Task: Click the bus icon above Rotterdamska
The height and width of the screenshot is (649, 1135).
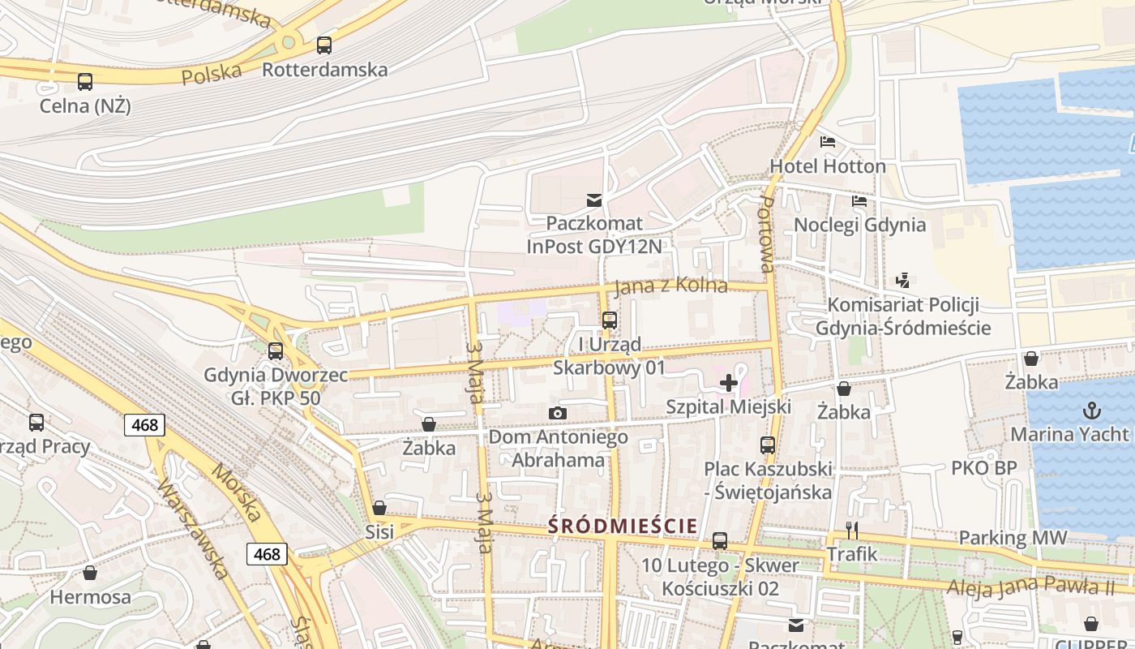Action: pos(324,45)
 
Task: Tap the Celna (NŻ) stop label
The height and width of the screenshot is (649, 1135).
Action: pos(85,105)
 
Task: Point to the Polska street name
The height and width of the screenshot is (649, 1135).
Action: pos(212,74)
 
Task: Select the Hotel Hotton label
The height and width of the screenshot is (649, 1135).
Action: pos(828,165)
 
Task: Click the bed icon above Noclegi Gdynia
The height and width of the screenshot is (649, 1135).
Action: pos(859,201)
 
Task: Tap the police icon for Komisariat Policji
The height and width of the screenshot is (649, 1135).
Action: pos(902,281)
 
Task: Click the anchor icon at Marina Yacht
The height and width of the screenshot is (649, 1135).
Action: pos(1091,410)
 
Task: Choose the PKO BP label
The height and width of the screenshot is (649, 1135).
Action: pos(983,468)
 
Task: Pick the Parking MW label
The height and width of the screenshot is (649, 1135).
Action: pos(1013,538)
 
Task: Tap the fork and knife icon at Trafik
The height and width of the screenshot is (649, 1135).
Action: pos(852,531)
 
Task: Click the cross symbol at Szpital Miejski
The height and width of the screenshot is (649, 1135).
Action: pos(728,383)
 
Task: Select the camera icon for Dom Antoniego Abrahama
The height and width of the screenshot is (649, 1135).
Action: pos(557,414)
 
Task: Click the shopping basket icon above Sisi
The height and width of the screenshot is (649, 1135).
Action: pos(379,508)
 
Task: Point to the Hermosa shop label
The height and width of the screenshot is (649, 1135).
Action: pos(90,597)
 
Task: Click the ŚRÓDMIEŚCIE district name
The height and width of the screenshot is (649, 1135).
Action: pos(623,526)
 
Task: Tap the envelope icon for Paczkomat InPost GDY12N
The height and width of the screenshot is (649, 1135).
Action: pos(594,200)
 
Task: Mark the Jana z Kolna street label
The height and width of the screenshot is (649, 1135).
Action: pos(670,286)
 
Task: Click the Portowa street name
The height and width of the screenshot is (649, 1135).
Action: pos(766,233)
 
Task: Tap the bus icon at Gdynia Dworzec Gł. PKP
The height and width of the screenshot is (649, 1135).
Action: pos(276,351)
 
